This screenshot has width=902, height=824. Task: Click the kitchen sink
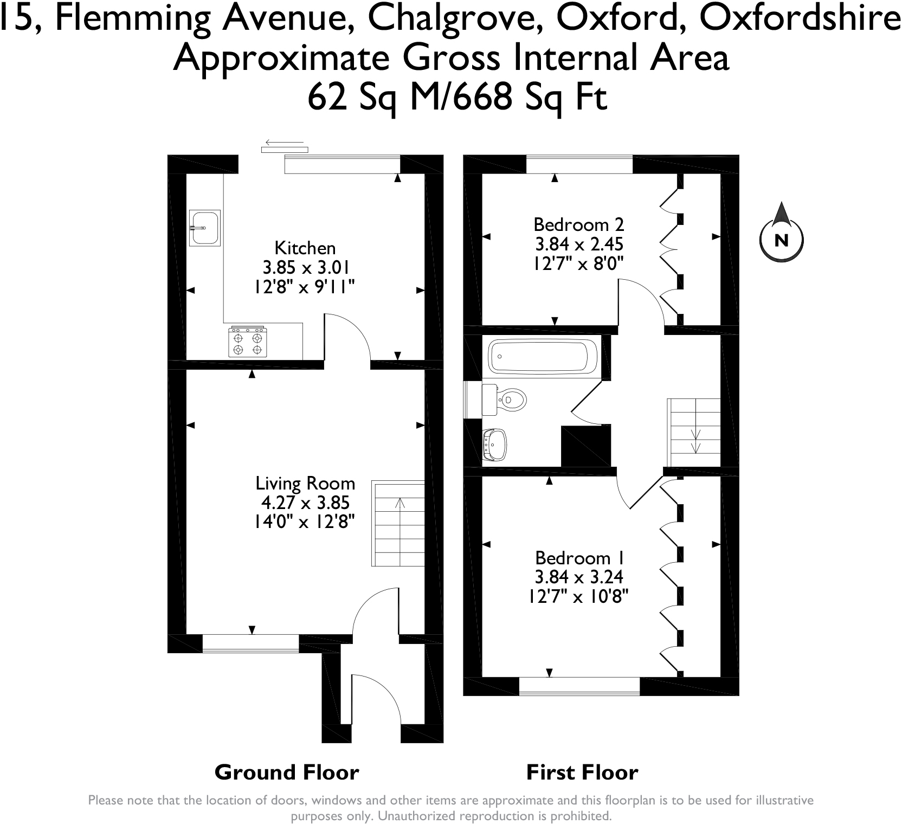(205, 228)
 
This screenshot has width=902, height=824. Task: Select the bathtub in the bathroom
(543, 357)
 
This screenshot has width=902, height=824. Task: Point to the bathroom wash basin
(494, 445)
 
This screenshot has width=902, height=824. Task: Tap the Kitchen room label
(305, 248)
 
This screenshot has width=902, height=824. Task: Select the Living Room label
(305, 483)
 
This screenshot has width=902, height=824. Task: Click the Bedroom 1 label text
(580, 558)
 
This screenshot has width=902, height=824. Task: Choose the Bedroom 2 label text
(578, 224)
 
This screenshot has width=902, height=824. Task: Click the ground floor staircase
(398, 524)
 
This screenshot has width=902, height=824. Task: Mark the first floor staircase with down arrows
(693, 432)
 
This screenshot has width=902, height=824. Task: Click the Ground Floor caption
(287, 772)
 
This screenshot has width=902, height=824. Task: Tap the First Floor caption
(582, 772)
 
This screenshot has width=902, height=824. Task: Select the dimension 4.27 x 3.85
(305, 503)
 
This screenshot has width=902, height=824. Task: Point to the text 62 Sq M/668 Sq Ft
(457, 98)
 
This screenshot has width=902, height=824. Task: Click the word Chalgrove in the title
(456, 20)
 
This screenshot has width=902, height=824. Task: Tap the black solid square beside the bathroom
(586, 446)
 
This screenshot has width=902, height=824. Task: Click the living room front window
(250, 643)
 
